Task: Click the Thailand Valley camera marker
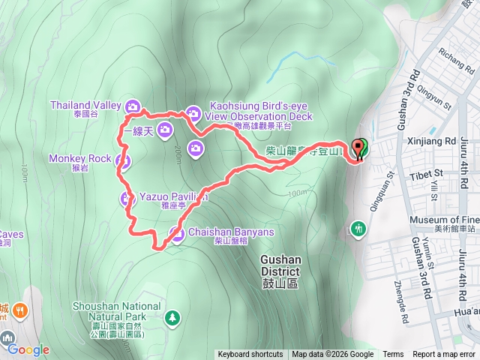[133, 106]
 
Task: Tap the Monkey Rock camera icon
[124, 160]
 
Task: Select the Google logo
[28, 349]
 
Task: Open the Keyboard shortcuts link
[250, 355]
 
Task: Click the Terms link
[393, 355]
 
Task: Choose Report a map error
[445, 355]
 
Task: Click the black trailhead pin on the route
[358, 148]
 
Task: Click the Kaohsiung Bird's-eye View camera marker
[193, 113]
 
